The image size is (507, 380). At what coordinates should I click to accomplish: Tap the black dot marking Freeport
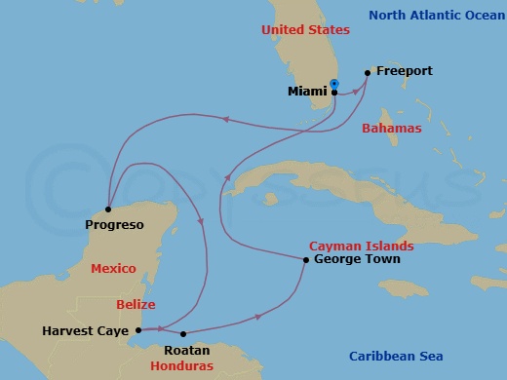pyautogui.click(x=367, y=72)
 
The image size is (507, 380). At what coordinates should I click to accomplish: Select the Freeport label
pyautogui.click(x=403, y=71)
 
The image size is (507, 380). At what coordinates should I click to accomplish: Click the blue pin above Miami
pyautogui.click(x=333, y=84)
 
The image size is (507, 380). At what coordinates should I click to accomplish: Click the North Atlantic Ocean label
pyautogui.click(x=436, y=14)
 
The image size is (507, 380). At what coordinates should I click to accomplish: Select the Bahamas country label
pyautogui.click(x=391, y=128)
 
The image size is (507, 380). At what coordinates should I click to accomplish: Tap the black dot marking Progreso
pyautogui.click(x=109, y=209)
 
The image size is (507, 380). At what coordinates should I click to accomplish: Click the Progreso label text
pyautogui.click(x=115, y=225)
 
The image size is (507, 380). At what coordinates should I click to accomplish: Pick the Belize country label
pyautogui.click(x=136, y=304)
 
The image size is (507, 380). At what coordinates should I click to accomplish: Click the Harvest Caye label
pyautogui.click(x=86, y=330)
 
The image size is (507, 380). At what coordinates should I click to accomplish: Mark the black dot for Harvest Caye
pyautogui.click(x=138, y=329)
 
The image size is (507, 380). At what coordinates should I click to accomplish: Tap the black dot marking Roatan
pyautogui.click(x=182, y=333)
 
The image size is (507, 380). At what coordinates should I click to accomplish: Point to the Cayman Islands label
pyautogui.click(x=361, y=247)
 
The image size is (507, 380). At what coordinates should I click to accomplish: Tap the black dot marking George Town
pyautogui.click(x=306, y=260)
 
